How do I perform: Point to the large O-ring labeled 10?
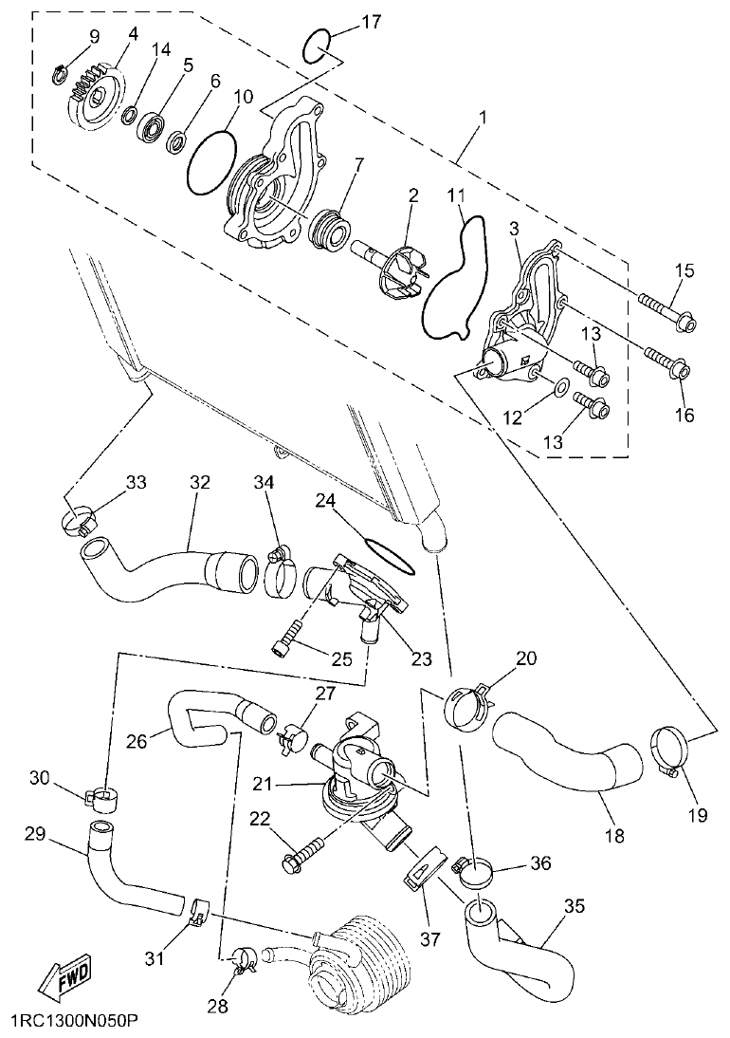click(210, 158)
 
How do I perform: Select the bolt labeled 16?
click(668, 364)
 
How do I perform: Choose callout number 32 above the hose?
click(199, 482)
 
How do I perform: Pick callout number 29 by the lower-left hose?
click(35, 834)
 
